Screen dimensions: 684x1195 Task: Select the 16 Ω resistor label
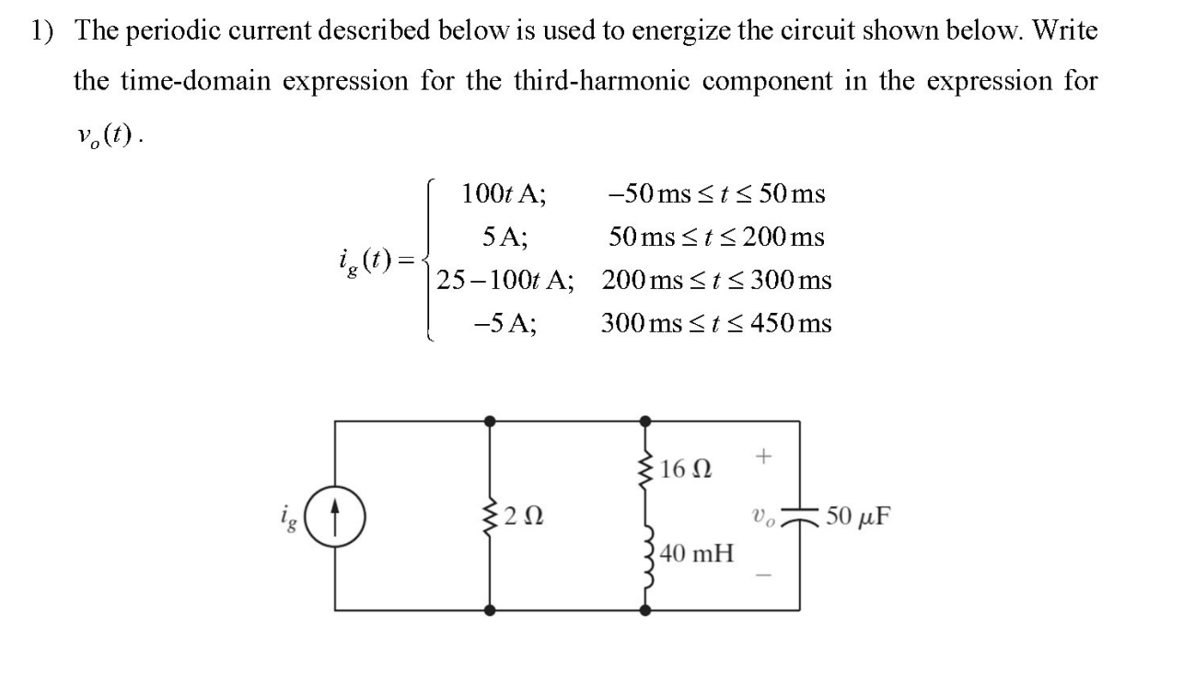coord(685,470)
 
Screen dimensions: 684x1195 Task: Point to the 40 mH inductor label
coord(698,554)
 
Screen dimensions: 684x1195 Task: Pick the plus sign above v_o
coord(761,455)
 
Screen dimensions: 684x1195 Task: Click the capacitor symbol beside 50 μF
coord(797,516)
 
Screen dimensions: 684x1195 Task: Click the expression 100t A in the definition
coord(504,194)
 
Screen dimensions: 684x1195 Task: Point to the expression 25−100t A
coord(505,280)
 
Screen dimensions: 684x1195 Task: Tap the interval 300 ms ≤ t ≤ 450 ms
coord(716,323)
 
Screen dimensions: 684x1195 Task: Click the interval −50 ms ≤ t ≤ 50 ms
coord(716,194)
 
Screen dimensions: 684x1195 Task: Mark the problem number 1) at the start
coord(42,30)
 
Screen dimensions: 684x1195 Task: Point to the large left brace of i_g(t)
coord(429,260)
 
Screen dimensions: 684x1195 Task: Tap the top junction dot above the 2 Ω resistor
coord(490,421)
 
